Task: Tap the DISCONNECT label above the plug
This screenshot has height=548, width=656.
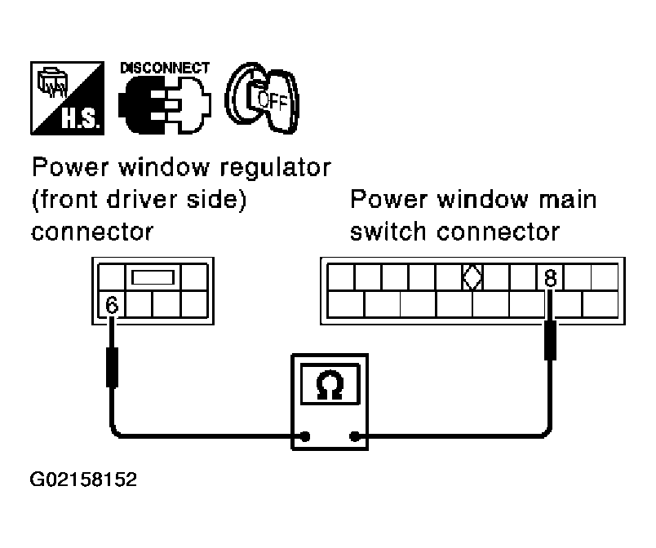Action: [164, 68]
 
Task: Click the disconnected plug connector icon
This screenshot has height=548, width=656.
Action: [163, 105]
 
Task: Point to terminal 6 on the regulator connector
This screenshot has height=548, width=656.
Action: [113, 305]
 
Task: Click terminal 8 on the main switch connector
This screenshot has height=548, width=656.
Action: [550, 278]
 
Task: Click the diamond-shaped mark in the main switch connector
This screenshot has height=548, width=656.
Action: [471, 277]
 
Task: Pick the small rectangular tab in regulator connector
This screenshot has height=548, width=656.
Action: [153, 278]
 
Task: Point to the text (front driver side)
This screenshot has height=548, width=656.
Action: [139, 200]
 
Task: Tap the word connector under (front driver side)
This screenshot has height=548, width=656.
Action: [92, 232]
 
